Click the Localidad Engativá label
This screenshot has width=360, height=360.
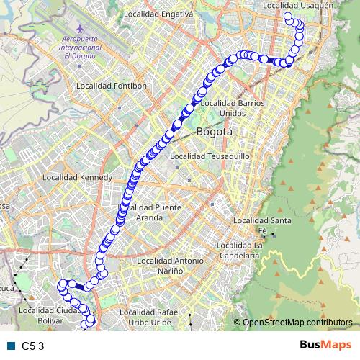158,14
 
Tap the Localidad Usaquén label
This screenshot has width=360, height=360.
299,5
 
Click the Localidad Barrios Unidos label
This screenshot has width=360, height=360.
223,108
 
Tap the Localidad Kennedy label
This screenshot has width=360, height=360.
78,177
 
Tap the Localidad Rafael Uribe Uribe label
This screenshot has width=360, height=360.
155,317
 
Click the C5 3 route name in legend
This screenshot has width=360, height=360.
33,346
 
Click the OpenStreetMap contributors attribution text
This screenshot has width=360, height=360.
297,323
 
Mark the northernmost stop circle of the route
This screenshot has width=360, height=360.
288,16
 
